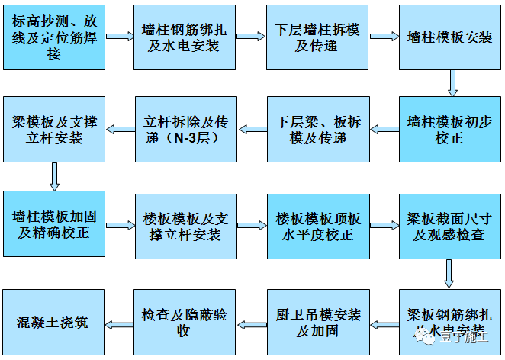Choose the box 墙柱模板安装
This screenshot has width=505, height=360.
[x=450, y=37]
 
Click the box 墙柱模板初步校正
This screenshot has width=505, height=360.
[x=450, y=128]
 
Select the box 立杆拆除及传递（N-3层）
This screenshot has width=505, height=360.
[x=185, y=128]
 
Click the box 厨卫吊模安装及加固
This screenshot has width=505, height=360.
[x=317, y=323]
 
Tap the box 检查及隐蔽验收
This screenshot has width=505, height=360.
[x=185, y=323]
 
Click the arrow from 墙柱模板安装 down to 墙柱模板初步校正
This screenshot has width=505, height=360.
[x=452, y=82]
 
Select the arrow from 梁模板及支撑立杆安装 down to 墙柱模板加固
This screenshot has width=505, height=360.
[x=54, y=175]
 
